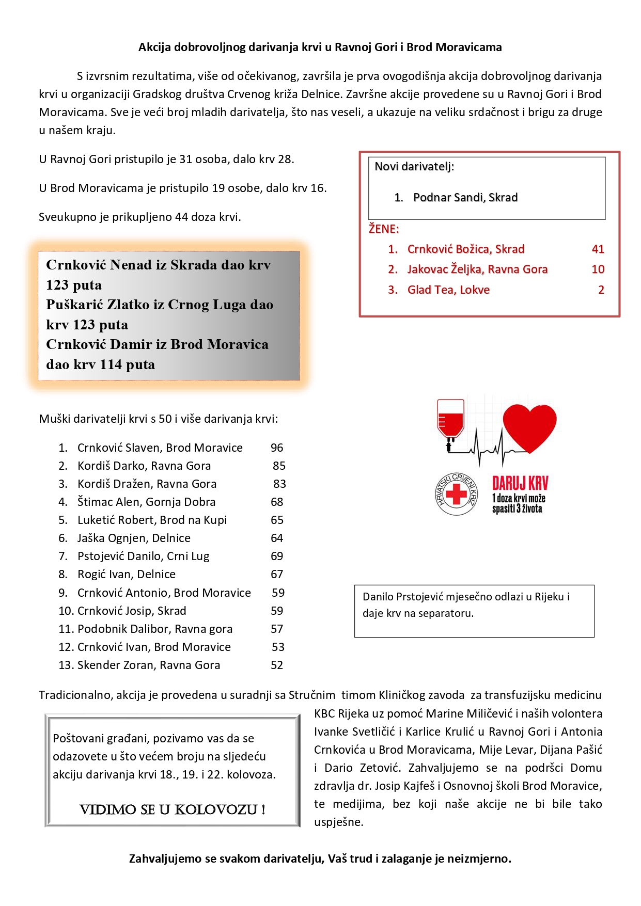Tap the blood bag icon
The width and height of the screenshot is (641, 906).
[450, 421]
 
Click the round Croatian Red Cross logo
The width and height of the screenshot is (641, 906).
[456, 495]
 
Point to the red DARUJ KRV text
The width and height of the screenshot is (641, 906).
[520, 483]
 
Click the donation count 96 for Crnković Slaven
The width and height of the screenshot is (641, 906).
[277, 448]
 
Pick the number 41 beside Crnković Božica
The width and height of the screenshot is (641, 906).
[598, 249]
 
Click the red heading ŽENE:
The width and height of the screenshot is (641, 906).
[384, 229]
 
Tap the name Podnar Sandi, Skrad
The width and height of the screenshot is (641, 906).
[465, 198]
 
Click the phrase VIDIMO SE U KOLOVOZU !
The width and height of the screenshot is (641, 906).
[173, 809]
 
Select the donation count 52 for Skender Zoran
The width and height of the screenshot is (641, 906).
[277, 665]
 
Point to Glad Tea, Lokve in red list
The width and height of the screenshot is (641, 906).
[448, 290]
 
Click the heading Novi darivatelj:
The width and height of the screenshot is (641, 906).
[414, 167]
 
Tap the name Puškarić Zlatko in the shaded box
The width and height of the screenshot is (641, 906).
[112, 305]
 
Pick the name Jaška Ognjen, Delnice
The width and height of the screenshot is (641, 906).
[134, 538]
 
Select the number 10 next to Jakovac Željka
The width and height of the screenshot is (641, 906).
[598, 269]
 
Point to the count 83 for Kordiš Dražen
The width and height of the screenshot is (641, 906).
[279, 484]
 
